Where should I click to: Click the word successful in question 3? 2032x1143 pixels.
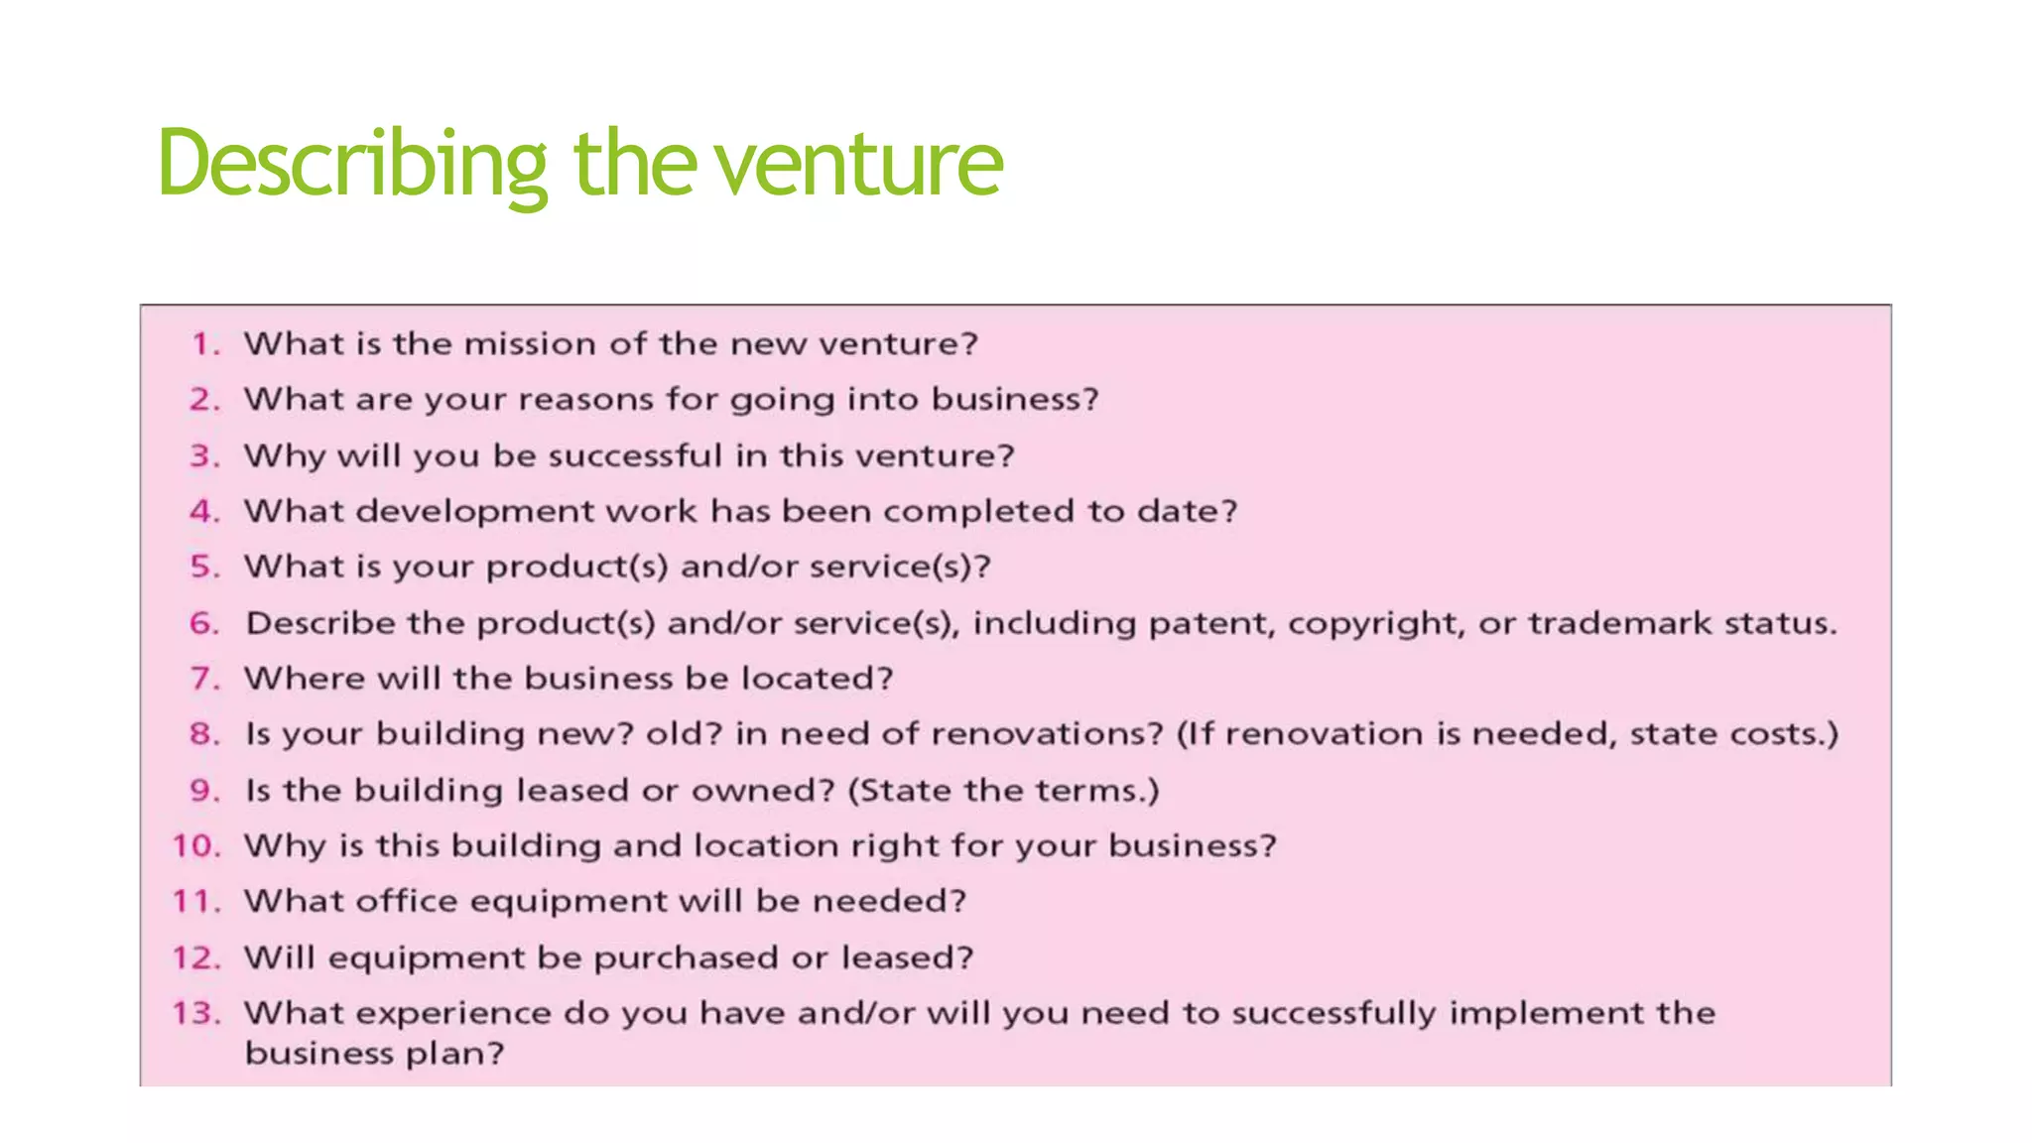[x=635, y=455]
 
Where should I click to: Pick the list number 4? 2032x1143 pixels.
[x=203, y=512]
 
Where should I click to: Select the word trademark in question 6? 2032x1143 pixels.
[x=1619, y=624]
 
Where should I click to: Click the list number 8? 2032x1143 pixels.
[x=203, y=734]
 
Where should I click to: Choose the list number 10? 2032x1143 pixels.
[x=194, y=846]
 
